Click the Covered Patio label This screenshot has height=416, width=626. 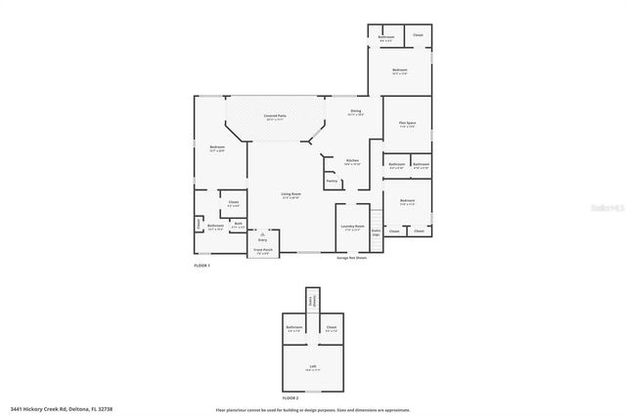click(x=275, y=116)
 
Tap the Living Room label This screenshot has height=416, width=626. click(x=291, y=195)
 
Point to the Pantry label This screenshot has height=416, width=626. click(x=332, y=181)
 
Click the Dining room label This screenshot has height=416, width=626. click(x=357, y=111)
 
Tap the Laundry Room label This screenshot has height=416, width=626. click(x=352, y=227)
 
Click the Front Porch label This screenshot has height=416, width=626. click(x=263, y=250)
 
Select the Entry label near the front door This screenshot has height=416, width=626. click(x=262, y=238)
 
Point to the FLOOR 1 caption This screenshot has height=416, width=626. click(x=201, y=266)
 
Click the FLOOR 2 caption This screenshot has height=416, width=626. click(x=290, y=398)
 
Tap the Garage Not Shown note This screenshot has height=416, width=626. click(x=352, y=259)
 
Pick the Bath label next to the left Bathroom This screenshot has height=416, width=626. click(x=239, y=224)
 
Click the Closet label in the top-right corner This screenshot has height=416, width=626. click(x=418, y=35)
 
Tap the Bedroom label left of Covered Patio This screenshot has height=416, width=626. click(x=217, y=147)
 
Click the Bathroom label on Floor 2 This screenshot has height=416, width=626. click(x=293, y=327)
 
